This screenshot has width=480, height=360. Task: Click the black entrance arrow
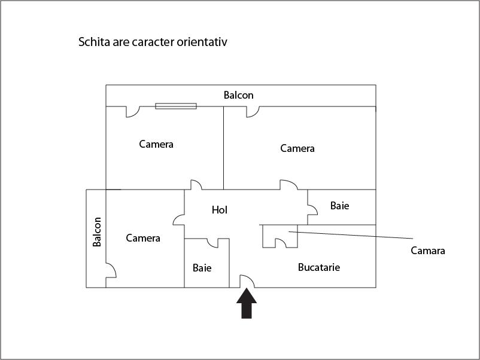pos(247,303)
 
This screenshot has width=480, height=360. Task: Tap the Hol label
pos(220,210)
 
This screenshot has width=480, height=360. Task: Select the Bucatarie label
pos(318,267)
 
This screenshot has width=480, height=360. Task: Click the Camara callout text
pos(427,251)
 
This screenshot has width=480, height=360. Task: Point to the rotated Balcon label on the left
pos(97,232)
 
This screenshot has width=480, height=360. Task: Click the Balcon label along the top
pos(239,95)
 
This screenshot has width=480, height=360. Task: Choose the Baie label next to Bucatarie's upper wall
pos(339,206)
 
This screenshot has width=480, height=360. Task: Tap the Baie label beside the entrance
pos(202,268)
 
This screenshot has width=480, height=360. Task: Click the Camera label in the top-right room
pos(297,148)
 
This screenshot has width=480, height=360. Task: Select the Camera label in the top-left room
pos(156,144)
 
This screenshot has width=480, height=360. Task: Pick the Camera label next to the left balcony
pos(143,238)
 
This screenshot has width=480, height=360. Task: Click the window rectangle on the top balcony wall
pos(176,106)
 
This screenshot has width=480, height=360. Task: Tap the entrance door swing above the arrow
pos(248,281)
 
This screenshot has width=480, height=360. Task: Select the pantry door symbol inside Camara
pos(280,242)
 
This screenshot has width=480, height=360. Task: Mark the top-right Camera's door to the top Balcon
pos(252,111)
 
